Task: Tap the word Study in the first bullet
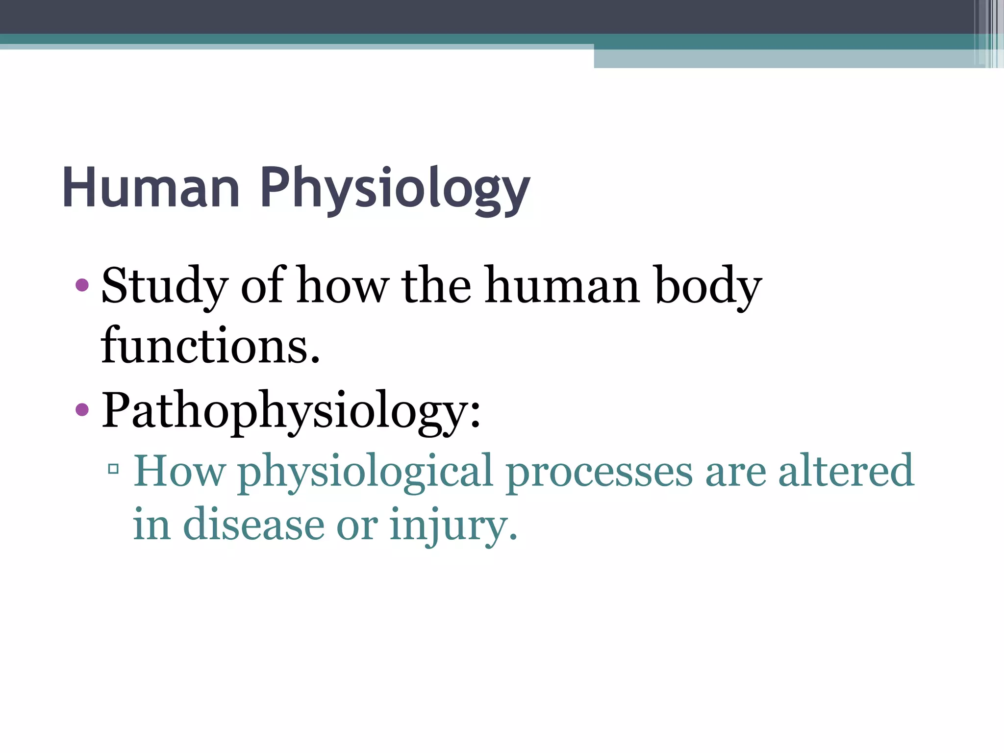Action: pyautogui.click(x=165, y=287)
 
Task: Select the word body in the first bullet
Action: pyautogui.click(x=708, y=287)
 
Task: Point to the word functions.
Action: pyautogui.click(x=210, y=346)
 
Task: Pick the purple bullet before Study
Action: pyautogui.click(x=82, y=285)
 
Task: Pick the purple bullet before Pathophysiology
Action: pyautogui.click(x=82, y=409)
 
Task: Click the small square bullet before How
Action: pyautogui.click(x=113, y=469)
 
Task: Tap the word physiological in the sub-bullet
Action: pyautogui.click(x=365, y=472)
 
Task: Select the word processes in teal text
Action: pyautogui.click(x=599, y=472)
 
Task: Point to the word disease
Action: pyautogui.click(x=253, y=525)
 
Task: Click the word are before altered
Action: pyautogui.click(x=735, y=472)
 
